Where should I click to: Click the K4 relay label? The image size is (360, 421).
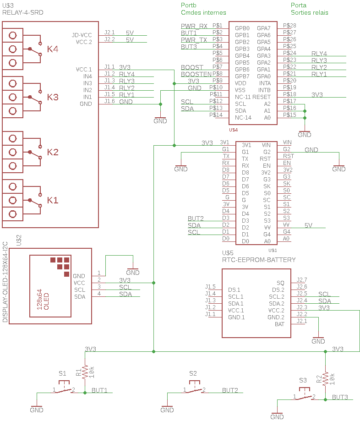coord(53,49)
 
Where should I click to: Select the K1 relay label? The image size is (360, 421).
coord(53,200)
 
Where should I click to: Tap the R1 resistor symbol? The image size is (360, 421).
coord(85,372)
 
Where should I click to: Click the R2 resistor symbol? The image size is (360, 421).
coord(325,378)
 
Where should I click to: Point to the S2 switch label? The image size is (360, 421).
coord(193,373)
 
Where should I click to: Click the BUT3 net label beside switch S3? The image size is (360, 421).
coord(340,397)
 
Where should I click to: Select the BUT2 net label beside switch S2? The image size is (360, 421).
coord(230,390)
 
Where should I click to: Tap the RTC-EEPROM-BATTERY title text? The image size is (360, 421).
coord(259,260)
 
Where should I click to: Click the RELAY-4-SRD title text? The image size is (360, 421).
coord(23,12)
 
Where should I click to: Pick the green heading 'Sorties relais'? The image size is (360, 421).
coord(310,12)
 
